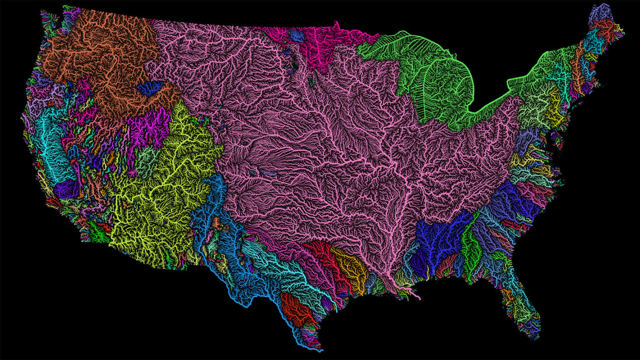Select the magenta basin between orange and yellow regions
pyautogui.click(x=149, y=127)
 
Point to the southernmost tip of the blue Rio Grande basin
pyautogui.click(x=319, y=350)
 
